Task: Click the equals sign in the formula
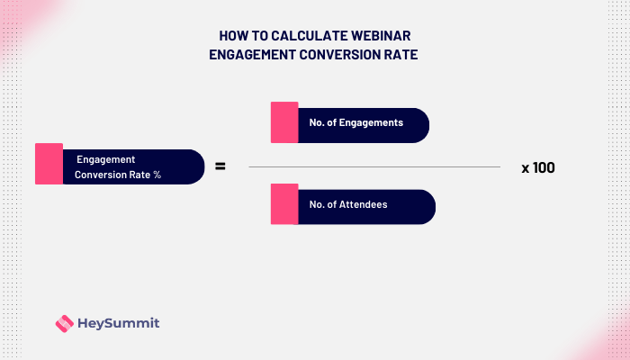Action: [x=219, y=166]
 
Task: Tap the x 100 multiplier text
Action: [x=538, y=167]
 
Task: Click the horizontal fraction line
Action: [x=373, y=166]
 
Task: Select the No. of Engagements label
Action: [x=355, y=122]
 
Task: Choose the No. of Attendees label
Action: [x=348, y=205]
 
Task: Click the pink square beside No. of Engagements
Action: [x=284, y=122]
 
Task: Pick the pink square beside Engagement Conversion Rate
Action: [x=49, y=164]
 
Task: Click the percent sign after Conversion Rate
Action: [x=157, y=175]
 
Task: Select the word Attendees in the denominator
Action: [x=364, y=205]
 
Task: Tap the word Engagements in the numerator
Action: [x=372, y=122]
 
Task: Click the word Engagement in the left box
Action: [x=106, y=158]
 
